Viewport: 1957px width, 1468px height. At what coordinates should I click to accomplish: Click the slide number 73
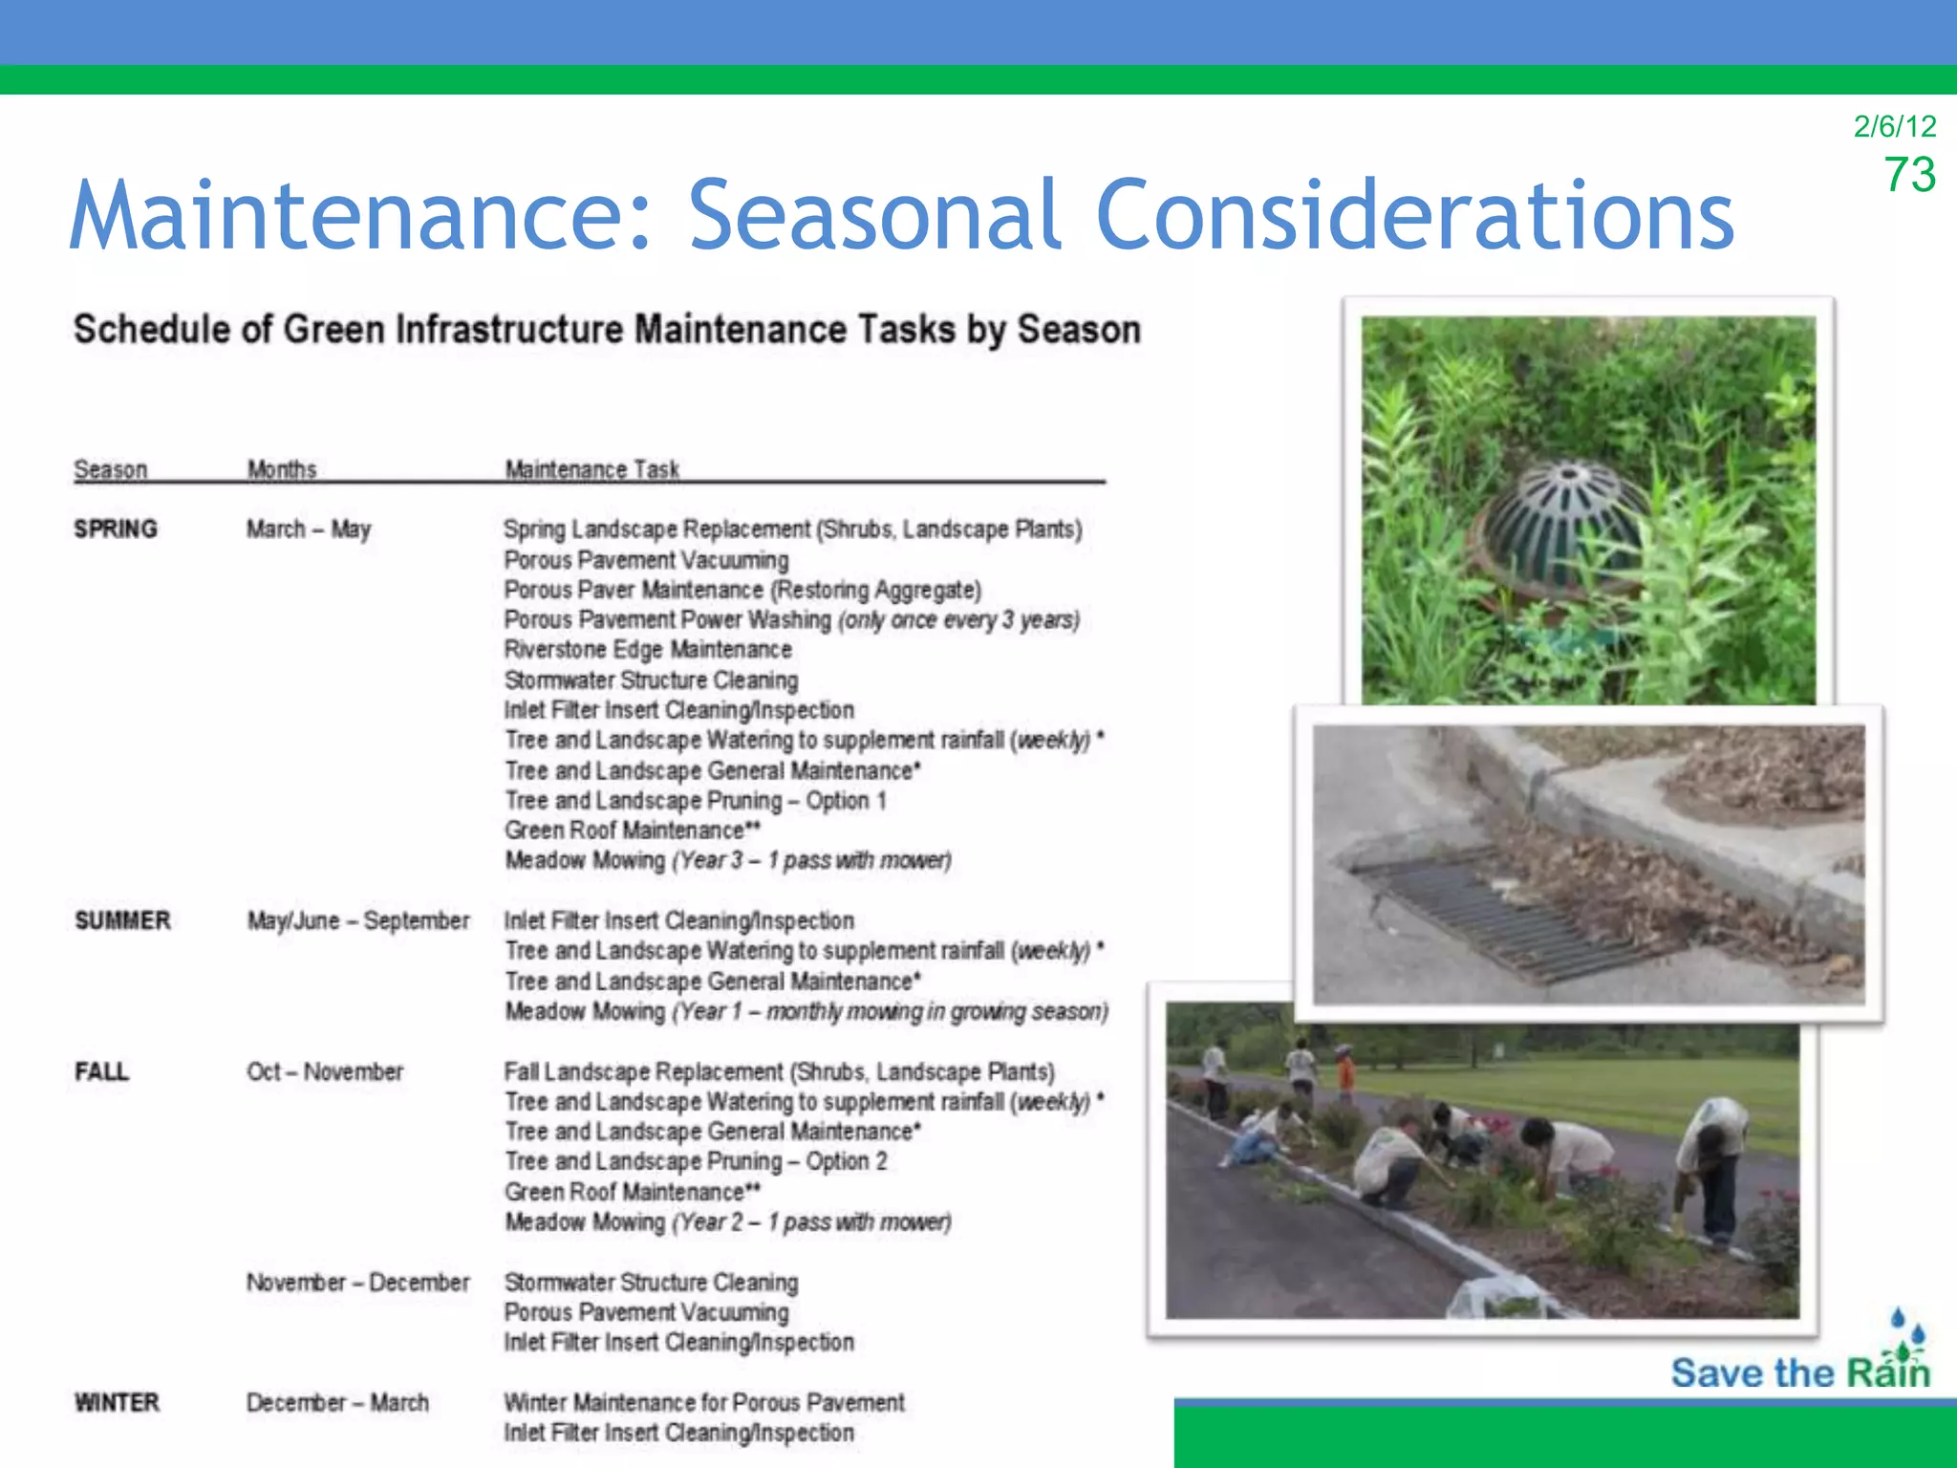point(1909,176)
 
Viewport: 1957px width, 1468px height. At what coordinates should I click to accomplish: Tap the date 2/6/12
point(1894,126)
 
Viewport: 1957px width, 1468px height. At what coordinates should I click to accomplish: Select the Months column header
point(282,469)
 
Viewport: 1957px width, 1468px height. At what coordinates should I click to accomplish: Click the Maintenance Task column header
point(591,469)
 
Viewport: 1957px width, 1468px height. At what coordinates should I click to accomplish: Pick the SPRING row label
point(116,529)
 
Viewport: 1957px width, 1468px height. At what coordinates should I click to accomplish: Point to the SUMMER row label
point(122,920)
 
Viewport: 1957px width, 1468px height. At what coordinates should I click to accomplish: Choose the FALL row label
point(101,1071)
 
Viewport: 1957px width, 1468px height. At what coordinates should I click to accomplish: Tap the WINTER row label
point(117,1402)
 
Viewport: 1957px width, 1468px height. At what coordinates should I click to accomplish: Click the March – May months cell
point(308,529)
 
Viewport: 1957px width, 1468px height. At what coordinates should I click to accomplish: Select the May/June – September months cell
point(357,920)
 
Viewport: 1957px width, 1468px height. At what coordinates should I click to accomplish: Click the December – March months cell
point(337,1402)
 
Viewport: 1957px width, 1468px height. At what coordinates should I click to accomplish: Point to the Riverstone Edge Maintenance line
point(648,650)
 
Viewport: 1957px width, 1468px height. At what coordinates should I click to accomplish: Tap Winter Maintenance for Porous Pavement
point(703,1402)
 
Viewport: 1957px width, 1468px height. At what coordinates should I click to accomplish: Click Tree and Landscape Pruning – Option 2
point(696,1161)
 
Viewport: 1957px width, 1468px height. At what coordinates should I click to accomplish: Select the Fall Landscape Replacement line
point(779,1071)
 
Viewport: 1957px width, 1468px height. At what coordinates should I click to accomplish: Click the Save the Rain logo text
point(1799,1372)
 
